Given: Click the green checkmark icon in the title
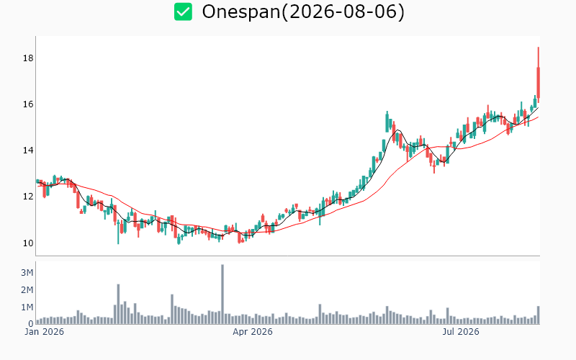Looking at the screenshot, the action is point(183,12).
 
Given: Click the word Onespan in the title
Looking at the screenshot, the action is point(241,12).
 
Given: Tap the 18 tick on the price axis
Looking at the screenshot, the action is point(28,58).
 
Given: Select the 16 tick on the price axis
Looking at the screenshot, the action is point(28,104).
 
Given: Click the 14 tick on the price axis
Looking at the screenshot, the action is point(28,150).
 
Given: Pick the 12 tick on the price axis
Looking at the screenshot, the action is point(28,197).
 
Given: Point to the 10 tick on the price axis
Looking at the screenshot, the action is point(28,243).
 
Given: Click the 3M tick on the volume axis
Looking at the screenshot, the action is point(27,273).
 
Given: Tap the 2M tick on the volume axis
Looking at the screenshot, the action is point(27,290).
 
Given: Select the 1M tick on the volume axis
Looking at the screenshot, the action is point(27,307).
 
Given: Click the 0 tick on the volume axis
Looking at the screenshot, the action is point(31,324).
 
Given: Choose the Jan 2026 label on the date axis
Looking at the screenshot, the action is point(44,332).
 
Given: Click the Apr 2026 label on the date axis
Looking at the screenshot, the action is point(253,332).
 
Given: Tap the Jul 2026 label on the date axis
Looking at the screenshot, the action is point(461,332).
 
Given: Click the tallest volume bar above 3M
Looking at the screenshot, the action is point(222,294).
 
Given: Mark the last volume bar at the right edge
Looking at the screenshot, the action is point(538,315).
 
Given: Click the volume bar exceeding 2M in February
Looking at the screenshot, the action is point(118,304).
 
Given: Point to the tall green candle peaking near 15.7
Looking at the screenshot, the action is point(387,122).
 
